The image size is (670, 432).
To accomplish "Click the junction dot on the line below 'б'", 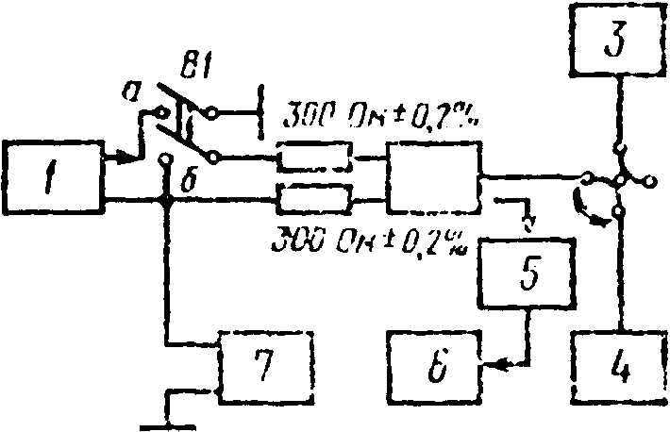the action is (167, 200).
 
